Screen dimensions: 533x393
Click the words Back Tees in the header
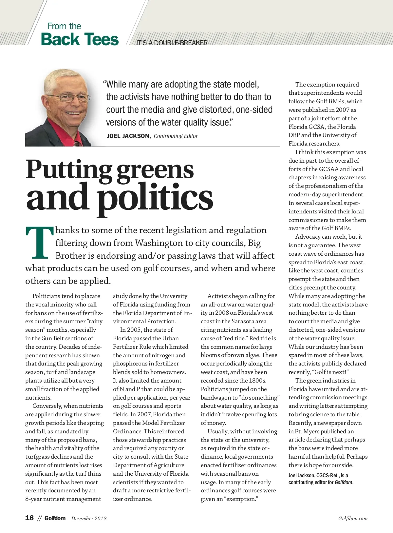tap(80, 39)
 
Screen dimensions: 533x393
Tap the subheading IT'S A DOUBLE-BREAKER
tap(172, 43)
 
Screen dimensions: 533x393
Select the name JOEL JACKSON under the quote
tap(128, 136)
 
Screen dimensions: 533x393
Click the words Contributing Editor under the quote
tap(176, 136)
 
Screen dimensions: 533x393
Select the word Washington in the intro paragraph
tap(159, 243)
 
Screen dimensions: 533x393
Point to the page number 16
tap(29, 518)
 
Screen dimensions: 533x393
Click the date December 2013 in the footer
tap(89, 519)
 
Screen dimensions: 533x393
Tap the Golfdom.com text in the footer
tap(353, 519)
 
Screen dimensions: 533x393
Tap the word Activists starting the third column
tap(220, 296)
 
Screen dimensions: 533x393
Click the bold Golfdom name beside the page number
tap(55, 518)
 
